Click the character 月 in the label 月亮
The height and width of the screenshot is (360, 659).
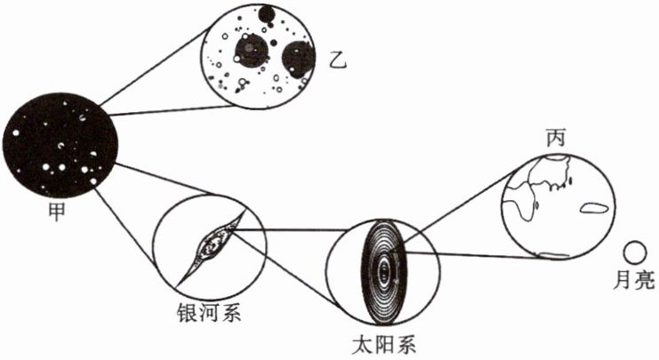(623, 280)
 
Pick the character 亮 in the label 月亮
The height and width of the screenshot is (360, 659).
(645, 280)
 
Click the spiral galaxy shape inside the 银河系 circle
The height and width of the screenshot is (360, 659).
(213, 241)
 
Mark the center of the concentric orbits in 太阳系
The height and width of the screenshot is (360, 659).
(383, 267)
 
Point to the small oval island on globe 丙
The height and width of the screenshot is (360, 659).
(594, 211)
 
